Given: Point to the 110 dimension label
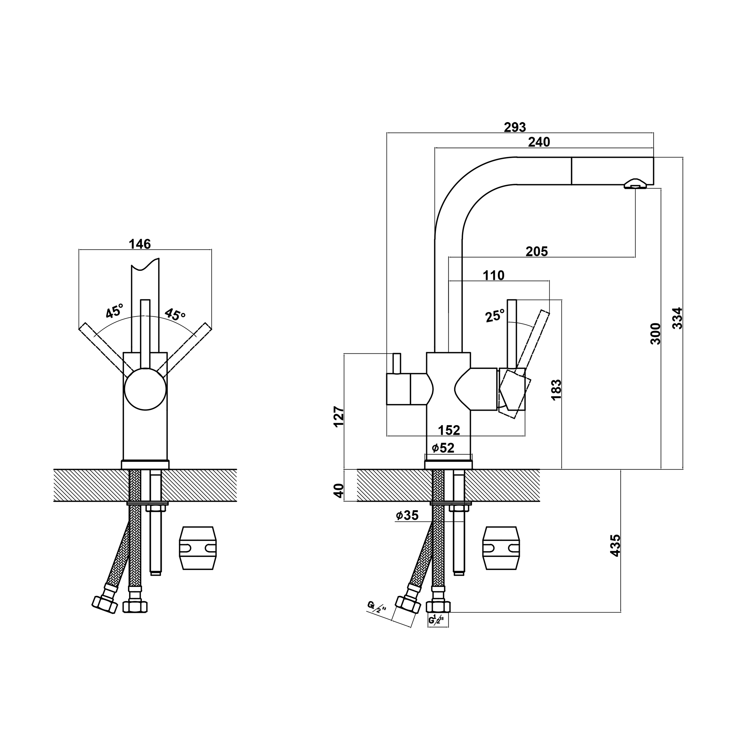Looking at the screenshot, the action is tap(493, 275).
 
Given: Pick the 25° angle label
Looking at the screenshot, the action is tap(495, 316).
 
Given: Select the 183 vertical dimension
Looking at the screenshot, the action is tap(556, 390).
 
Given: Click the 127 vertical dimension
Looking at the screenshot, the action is tap(338, 416).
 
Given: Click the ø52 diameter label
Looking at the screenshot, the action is tap(443, 448).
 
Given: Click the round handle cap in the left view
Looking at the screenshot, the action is tap(145, 389).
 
